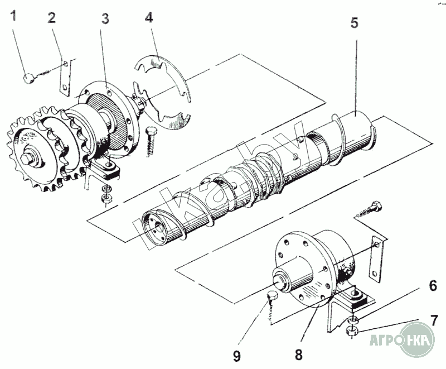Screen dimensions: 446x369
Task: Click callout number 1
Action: [x=13, y=16]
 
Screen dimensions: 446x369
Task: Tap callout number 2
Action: [x=52, y=18]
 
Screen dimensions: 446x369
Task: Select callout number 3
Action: [x=105, y=18]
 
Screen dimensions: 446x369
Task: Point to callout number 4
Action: [x=149, y=17]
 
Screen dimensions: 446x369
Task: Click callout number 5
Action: [x=355, y=23]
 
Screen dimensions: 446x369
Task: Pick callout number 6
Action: [x=433, y=286]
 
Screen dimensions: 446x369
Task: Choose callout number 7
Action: [x=434, y=321]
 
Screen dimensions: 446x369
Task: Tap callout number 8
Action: [x=299, y=354]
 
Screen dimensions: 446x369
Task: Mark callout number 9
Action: [x=236, y=356]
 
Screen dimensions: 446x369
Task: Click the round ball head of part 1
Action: [x=29, y=78]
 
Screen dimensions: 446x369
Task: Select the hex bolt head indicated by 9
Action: [x=272, y=296]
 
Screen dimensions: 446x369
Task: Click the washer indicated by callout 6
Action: [x=353, y=319]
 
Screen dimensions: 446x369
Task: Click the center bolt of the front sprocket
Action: [x=27, y=159]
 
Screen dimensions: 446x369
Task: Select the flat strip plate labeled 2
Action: [x=65, y=78]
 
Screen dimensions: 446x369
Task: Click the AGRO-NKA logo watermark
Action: [x=402, y=339]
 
